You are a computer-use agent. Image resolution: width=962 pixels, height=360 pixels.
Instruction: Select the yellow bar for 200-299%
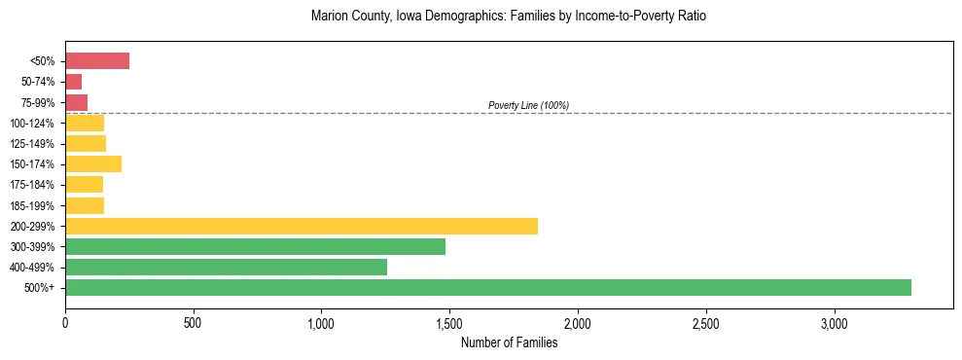click(x=302, y=226)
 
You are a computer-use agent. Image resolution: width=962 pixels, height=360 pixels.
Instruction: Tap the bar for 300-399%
click(x=255, y=246)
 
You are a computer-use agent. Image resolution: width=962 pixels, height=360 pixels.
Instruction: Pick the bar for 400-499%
click(x=226, y=267)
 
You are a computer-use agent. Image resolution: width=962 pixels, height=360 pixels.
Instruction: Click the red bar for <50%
click(x=97, y=61)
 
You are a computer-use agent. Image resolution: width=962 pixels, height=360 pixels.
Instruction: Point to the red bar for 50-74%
click(x=74, y=82)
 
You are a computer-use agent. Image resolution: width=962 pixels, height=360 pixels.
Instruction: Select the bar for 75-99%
click(x=77, y=102)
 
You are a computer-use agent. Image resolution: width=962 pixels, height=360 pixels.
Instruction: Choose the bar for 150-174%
click(x=93, y=163)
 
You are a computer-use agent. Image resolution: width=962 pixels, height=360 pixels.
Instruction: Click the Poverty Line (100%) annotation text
click(x=528, y=105)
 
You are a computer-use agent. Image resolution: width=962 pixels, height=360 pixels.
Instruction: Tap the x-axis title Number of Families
click(x=509, y=342)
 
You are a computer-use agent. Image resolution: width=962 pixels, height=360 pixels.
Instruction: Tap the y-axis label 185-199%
click(x=36, y=205)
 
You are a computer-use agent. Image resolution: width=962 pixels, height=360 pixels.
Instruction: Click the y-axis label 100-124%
click(x=36, y=124)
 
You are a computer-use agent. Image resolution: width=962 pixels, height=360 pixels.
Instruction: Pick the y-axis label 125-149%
click(x=36, y=144)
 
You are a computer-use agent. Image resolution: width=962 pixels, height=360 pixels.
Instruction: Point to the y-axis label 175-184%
click(x=36, y=185)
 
